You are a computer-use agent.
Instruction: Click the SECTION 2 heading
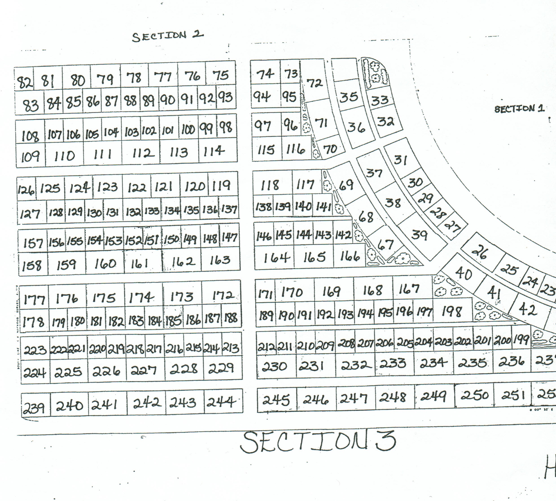pos(168,36)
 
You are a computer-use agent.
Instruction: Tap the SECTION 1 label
pos(519,109)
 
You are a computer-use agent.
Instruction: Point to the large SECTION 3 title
pos(318,442)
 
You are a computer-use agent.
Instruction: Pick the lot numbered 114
pos(214,151)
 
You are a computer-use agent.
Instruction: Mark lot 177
pos(34,299)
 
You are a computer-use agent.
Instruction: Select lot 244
pos(221,402)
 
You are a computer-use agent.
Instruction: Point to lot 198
pos(452,311)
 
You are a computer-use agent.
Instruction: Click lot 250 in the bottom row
pos(475,395)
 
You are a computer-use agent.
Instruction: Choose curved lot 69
pos(346,184)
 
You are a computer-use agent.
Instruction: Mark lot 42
pos(527,310)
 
